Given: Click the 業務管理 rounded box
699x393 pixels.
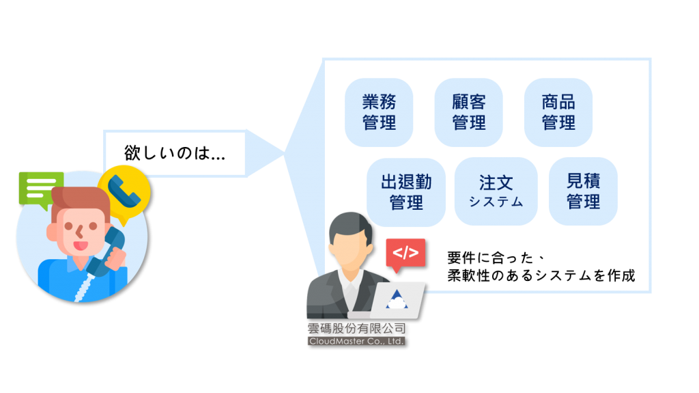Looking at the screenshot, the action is (x=379, y=113).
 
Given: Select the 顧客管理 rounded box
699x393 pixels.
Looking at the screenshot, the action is (x=468, y=113).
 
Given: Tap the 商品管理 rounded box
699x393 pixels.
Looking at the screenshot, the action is (x=558, y=113).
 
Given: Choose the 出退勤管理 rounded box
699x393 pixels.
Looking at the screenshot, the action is (x=406, y=192).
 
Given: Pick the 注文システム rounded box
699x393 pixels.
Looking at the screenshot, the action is (x=496, y=191).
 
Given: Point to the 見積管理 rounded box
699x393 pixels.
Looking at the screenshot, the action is (x=583, y=191).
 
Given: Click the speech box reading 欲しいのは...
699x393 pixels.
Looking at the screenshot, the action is (x=175, y=153).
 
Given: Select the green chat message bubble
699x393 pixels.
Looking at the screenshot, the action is (x=41, y=189).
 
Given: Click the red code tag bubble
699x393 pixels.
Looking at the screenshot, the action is (x=405, y=254).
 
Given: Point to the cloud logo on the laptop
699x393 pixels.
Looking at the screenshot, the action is (x=397, y=299).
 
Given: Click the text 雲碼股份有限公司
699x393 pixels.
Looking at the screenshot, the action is (x=356, y=329).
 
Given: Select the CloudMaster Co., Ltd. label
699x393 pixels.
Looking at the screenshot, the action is (x=356, y=341).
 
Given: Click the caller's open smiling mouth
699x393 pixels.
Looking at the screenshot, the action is (x=81, y=246).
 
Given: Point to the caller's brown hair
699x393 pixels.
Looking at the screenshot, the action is (x=81, y=201).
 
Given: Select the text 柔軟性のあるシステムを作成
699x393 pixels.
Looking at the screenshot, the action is (x=541, y=275).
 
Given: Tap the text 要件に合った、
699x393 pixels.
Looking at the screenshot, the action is (x=496, y=258).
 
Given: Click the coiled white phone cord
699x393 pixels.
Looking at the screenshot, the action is (x=85, y=286).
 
